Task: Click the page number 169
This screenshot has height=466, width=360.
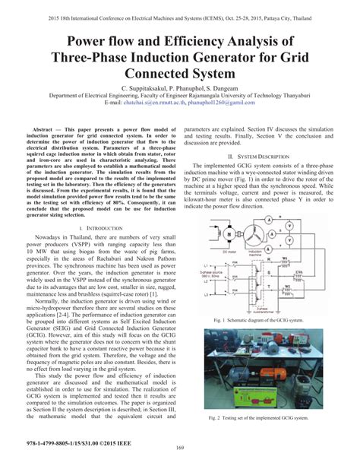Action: (x=180, y=455)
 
